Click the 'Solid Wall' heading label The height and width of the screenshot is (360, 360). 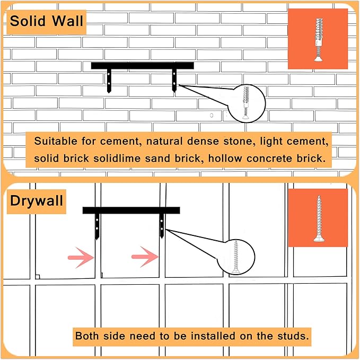click(47, 22)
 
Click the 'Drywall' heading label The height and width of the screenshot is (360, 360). click(37, 201)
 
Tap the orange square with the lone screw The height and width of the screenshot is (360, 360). click(318, 217)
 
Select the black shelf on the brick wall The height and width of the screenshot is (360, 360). click(142, 66)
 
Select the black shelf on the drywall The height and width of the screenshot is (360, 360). click(131, 210)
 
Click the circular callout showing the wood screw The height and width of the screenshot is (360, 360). click(235, 257)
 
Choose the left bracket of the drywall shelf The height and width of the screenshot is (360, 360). click(97, 225)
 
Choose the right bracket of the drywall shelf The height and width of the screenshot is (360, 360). click(162, 225)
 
